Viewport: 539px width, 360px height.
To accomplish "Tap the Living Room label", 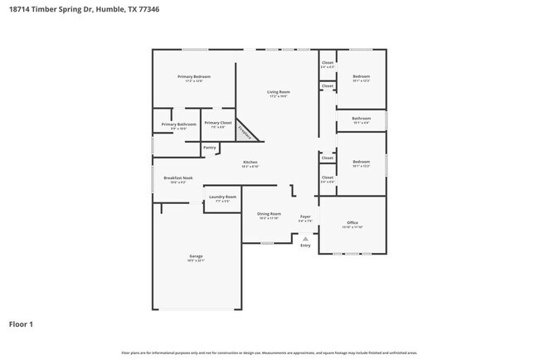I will point(278,91).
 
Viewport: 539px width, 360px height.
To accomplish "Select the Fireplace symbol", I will point(245,131).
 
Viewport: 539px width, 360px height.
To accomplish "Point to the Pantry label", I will point(209,148).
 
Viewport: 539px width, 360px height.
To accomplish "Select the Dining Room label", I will point(269,214).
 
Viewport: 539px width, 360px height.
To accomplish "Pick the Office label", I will point(352,222).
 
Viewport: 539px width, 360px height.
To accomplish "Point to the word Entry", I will point(305,246).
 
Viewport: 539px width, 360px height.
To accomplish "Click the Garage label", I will point(196,256).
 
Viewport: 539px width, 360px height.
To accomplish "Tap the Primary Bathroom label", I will point(178,124).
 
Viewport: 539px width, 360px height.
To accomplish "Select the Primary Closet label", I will point(218,123).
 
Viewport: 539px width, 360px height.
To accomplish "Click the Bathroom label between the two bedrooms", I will point(361,118).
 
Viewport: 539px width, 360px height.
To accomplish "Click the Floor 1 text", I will point(21,324).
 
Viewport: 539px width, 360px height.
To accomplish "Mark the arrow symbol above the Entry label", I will point(305,239).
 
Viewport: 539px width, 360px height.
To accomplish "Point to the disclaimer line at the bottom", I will point(269,353).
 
